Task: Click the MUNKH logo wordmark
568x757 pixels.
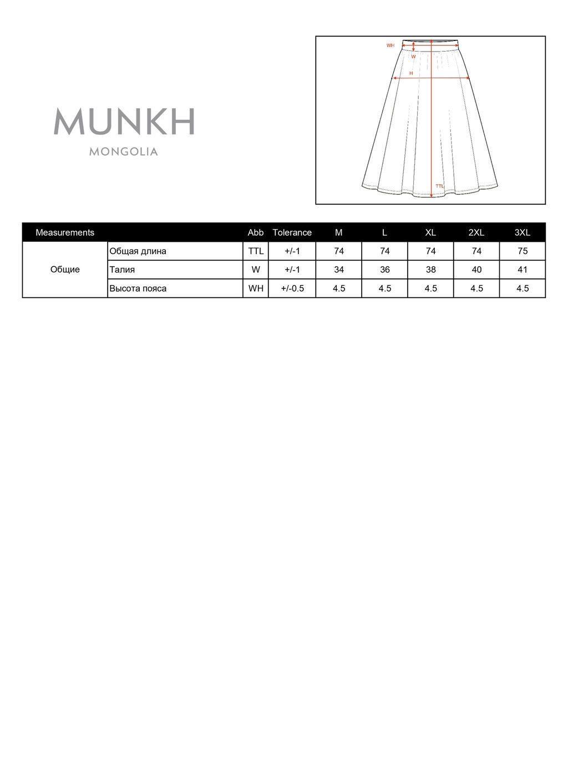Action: pos(124,121)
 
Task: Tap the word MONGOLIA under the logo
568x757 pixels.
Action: pos(124,151)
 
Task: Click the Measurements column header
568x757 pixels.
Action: pos(65,232)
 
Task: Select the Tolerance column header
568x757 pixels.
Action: pos(292,232)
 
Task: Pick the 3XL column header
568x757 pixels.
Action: pos(522,232)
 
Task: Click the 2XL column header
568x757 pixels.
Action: pos(476,232)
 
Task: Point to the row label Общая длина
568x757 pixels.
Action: pos(138,251)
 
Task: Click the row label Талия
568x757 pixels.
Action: pos(122,270)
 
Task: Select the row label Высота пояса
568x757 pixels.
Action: pos(138,288)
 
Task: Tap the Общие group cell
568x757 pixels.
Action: pos(65,270)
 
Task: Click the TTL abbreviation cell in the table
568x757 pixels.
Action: pos(256,251)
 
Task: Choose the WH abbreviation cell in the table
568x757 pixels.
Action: pos(256,288)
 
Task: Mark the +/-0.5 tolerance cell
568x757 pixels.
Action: pos(292,288)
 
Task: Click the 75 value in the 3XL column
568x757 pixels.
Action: pos(522,251)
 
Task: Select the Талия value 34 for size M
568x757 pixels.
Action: pos(339,270)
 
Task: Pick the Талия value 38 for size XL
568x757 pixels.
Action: pos(430,270)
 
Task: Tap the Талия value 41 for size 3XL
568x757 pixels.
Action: pos(522,270)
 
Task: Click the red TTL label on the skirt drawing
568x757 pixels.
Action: pos(439,186)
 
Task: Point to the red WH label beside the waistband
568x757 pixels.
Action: pos(390,45)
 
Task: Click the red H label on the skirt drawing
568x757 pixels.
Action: pos(411,73)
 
